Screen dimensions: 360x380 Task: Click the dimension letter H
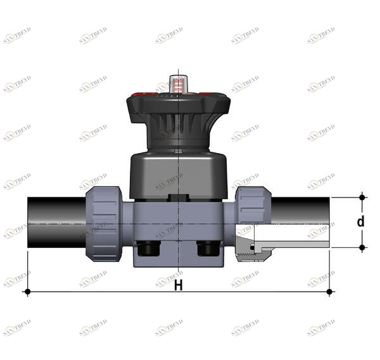coord(178,285)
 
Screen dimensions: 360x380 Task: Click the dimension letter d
coord(360,221)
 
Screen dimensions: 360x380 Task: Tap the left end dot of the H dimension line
coord(27,292)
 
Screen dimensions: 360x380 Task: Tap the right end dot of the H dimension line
coord(329,292)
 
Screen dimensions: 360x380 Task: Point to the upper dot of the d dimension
coord(362,197)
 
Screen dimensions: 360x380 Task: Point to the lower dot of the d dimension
coord(362,247)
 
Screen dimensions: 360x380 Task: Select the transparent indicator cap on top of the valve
coord(179,83)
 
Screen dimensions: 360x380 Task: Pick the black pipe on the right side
coord(300,209)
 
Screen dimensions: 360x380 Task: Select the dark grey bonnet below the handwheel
coord(178,174)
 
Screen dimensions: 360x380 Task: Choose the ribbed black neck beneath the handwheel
coord(178,130)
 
